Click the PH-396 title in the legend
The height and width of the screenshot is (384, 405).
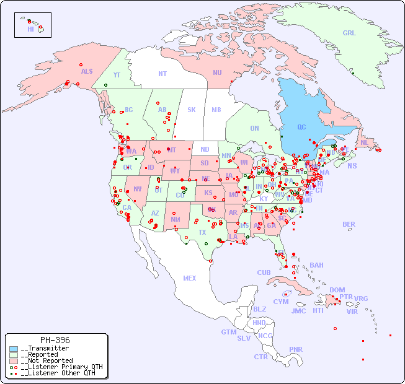click(x=55, y=340)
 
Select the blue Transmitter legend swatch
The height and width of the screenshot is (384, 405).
click(x=14, y=349)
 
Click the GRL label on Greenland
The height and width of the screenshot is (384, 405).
click(x=349, y=33)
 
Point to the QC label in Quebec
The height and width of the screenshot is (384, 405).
click(x=301, y=128)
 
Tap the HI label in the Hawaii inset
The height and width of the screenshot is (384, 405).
click(x=30, y=29)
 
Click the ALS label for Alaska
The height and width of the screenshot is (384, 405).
click(x=87, y=72)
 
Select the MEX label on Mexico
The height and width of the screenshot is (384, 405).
click(x=190, y=278)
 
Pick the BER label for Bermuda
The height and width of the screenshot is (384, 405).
click(x=349, y=224)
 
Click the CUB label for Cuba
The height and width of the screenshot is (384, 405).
click(x=264, y=273)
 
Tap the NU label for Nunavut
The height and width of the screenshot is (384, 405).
click(x=217, y=72)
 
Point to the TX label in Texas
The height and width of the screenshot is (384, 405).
click(x=202, y=232)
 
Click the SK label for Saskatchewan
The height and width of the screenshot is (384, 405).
click(x=192, y=110)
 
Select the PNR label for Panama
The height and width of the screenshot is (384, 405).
click(x=296, y=349)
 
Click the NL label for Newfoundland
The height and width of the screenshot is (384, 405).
click(x=364, y=142)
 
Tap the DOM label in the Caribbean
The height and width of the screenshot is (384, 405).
click(x=337, y=290)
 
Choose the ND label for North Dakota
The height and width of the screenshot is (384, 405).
click(x=205, y=149)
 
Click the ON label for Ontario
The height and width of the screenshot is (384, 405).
click(x=254, y=128)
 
